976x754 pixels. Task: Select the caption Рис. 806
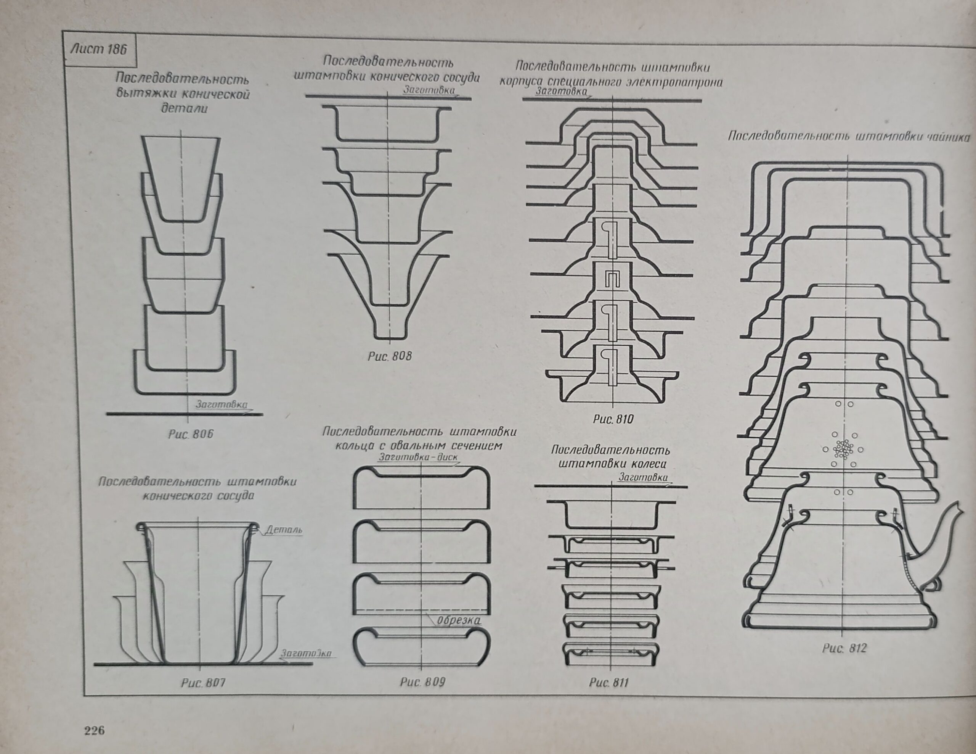click(191, 434)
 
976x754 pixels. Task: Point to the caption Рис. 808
click(390, 356)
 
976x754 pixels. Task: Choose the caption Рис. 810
click(613, 419)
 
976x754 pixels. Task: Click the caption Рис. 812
click(844, 648)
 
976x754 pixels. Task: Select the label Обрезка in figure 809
click(459, 621)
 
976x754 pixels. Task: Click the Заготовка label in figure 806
click(221, 404)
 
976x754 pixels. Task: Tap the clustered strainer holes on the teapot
click(843, 449)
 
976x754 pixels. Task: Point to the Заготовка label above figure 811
click(643, 478)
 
